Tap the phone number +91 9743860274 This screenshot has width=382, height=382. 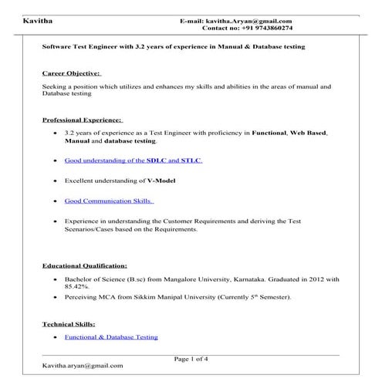pyautogui.click(x=266, y=28)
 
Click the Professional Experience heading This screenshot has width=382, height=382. pyautogui.click(x=82, y=120)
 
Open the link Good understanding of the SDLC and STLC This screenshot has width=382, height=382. pyautogui.click(x=122, y=161)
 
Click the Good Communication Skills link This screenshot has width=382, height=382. pyautogui.click(x=109, y=201)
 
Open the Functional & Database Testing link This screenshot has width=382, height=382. pyautogui.click(x=111, y=337)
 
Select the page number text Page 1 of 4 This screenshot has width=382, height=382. pyautogui.click(x=191, y=359)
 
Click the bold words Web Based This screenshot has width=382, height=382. pyautogui.click(x=307, y=134)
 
